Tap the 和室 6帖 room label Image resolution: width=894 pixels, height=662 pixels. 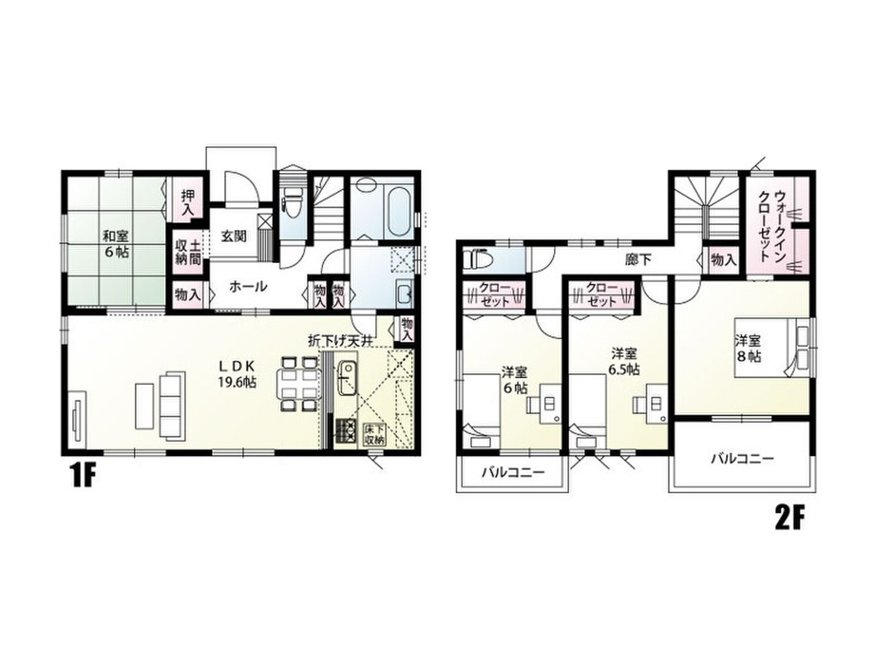pyautogui.click(x=116, y=243)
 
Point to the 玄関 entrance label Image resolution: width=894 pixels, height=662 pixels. pyautogui.click(x=234, y=235)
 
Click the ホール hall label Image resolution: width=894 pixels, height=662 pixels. pyautogui.click(x=248, y=286)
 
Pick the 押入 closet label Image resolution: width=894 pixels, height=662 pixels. pyautogui.click(x=189, y=203)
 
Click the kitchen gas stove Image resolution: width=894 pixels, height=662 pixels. pyautogui.click(x=344, y=431)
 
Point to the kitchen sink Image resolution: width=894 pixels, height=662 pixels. pyautogui.click(x=347, y=378)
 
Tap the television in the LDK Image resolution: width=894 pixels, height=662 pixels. pyautogui.click(x=77, y=420)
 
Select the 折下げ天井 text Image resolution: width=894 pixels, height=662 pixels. pyautogui.click(x=340, y=342)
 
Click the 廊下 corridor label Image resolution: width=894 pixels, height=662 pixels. pyautogui.click(x=638, y=260)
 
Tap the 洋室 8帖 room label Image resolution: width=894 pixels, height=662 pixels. pyautogui.click(x=748, y=348)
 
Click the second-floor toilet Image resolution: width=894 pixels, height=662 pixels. pyautogui.click(x=476, y=260)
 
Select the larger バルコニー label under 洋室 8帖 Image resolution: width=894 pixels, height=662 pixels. pyautogui.click(x=742, y=458)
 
